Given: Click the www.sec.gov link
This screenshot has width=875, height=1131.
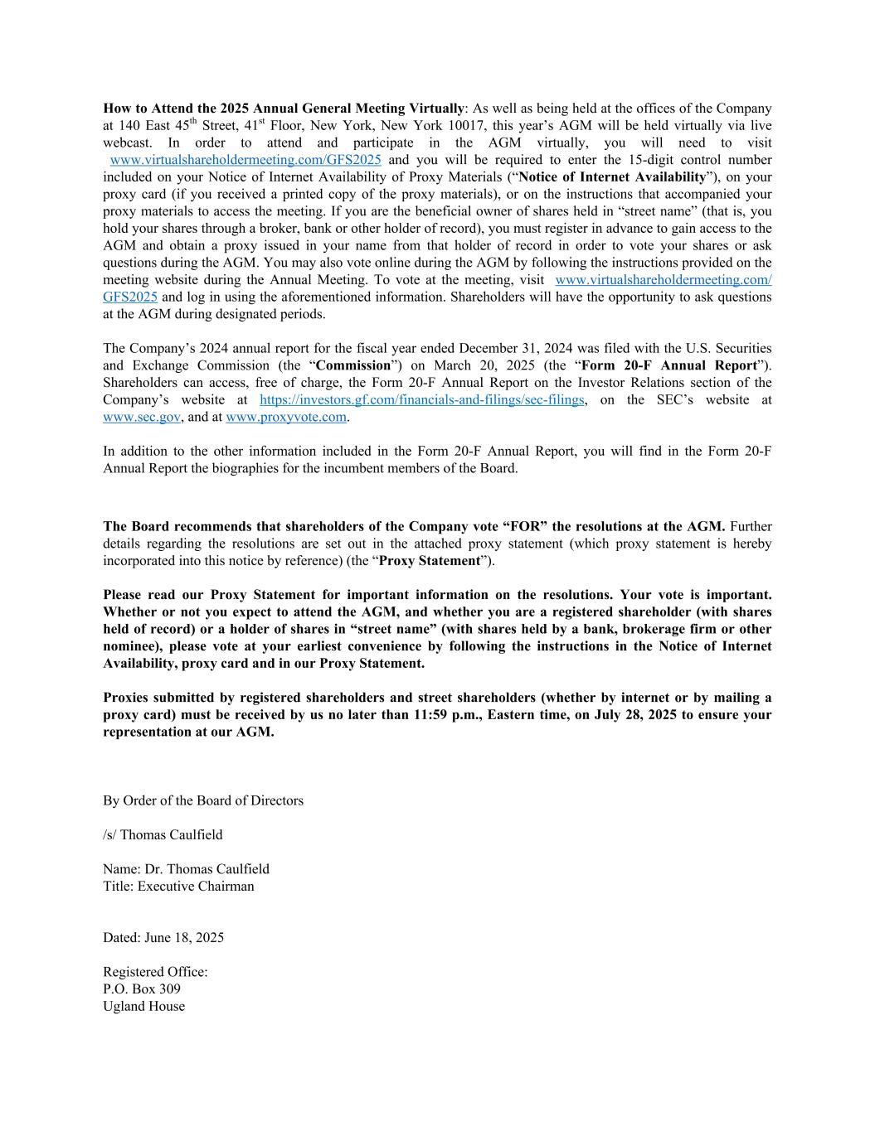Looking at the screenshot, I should [x=141, y=418].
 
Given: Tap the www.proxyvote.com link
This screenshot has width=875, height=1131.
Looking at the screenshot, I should [x=286, y=418].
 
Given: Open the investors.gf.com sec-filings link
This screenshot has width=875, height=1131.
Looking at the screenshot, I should [x=421, y=400].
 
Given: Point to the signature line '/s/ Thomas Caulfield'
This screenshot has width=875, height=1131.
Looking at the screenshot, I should [x=163, y=835].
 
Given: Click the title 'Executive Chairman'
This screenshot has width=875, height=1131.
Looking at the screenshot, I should [x=196, y=887].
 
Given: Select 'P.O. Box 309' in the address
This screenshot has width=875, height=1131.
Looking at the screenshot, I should [x=142, y=989].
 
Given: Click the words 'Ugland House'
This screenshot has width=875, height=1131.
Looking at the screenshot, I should [x=144, y=1007].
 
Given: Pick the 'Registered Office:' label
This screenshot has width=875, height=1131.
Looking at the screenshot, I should [x=155, y=972].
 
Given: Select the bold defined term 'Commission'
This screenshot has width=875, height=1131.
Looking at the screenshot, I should [x=353, y=365].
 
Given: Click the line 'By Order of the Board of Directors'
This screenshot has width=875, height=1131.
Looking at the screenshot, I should [x=203, y=801].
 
